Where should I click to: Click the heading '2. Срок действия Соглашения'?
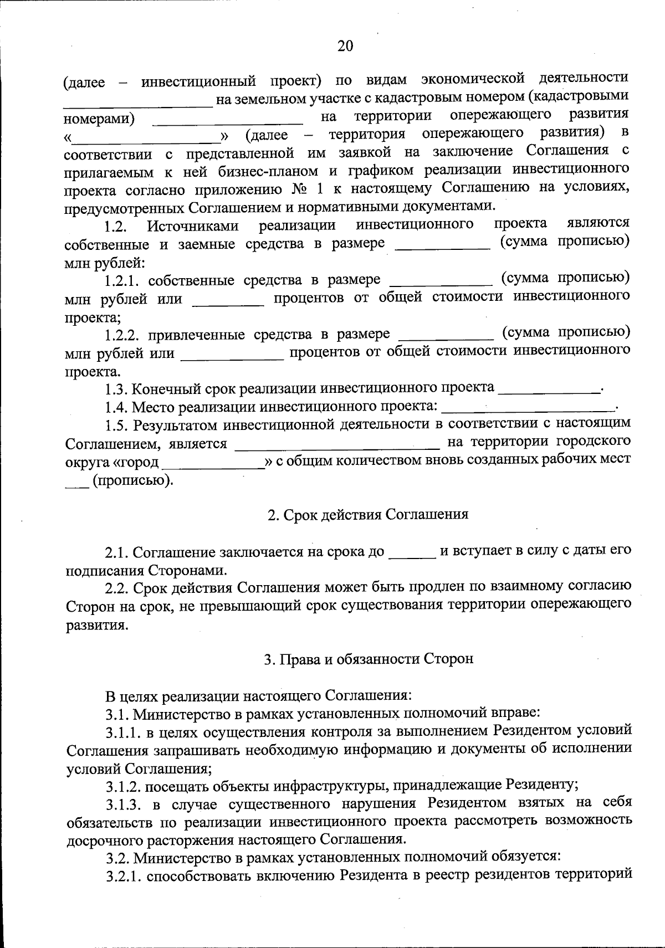(368, 514)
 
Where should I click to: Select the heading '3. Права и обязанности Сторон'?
(369, 659)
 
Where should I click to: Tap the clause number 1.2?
(117, 227)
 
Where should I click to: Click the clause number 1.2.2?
(123, 335)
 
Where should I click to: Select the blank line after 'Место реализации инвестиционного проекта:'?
(529, 408)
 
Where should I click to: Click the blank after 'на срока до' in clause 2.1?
(413, 552)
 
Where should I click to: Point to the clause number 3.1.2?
(123, 786)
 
